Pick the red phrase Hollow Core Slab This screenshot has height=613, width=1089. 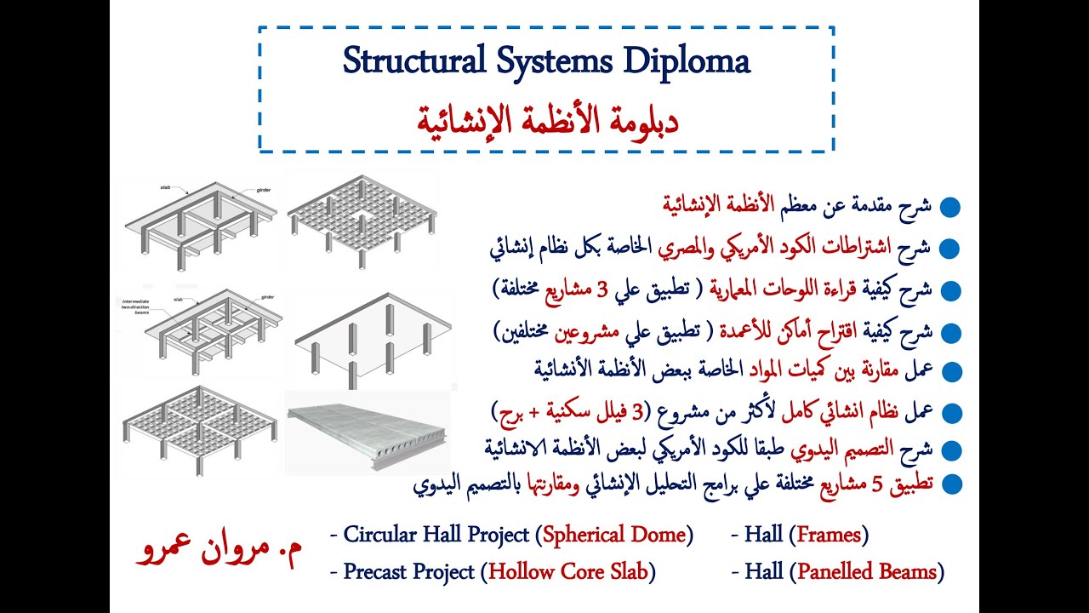click(x=568, y=571)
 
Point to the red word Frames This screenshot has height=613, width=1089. click(x=828, y=535)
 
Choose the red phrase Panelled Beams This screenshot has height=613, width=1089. click(x=867, y=571)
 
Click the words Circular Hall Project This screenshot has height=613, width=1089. click(x=437, y=535)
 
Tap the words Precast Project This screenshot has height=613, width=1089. click(x=408, y=571)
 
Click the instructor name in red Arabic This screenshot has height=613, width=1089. click(x=218, y=552)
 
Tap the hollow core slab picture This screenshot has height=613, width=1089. click(x=367, y=431)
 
